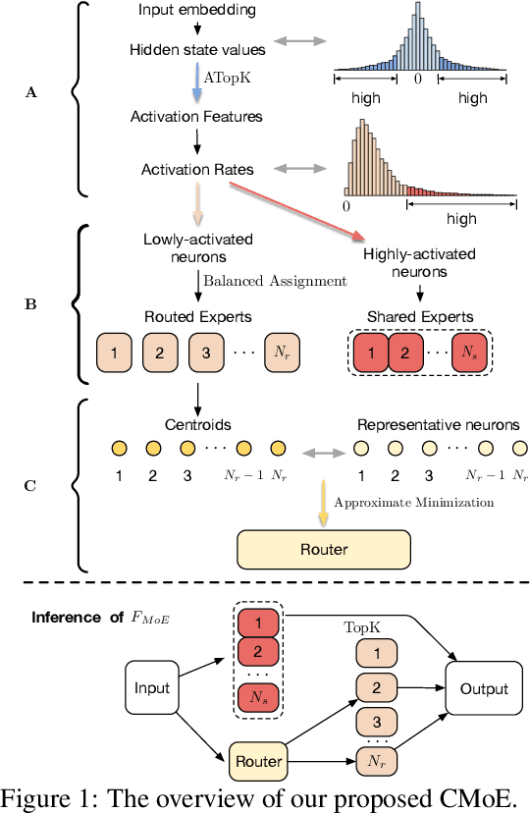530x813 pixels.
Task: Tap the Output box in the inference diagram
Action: click(x=483, y=688)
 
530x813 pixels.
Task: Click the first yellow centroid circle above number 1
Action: click(x=117, y=448)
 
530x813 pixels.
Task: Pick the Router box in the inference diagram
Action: click(x=258, y=761)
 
